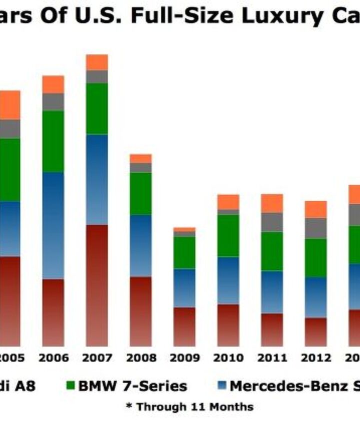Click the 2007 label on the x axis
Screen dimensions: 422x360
click(97, 358)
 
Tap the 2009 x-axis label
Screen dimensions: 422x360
click(184, 358)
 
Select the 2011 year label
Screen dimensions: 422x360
click(272, 358)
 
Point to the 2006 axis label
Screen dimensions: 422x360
click(53, 358)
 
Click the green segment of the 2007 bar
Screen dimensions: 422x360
click(97, 108)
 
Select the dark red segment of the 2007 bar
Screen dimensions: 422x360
click(97, 285)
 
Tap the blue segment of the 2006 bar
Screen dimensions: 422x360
click(53, 225)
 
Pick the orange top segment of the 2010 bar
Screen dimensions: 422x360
click(228, 202)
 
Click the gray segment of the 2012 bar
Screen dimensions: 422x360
click(315, 228)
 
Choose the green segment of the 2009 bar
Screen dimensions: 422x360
click(184, 253)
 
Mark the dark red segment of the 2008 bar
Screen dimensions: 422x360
click(140, 311)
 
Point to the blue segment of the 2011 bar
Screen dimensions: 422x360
click(272, 292)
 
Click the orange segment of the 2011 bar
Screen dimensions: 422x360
click(272, 203)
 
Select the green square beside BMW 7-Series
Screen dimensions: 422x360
click(70, 386)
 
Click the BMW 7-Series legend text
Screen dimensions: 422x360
click(133, 386)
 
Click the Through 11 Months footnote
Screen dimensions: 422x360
click(189, 407)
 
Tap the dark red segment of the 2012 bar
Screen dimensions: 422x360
click(315, 332)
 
